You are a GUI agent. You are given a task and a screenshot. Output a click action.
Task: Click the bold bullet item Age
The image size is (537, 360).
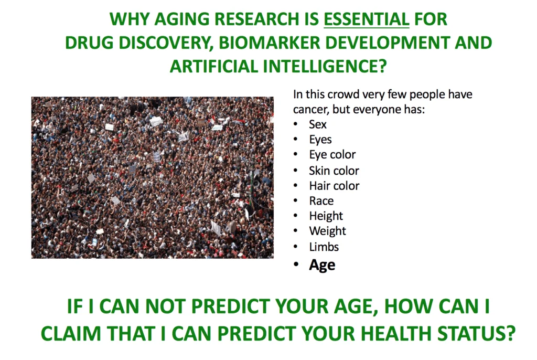[322, 266]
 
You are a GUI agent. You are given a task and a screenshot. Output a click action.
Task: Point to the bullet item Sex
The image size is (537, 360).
[317, 124]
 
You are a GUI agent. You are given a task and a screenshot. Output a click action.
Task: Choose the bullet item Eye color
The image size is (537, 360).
[332, 155]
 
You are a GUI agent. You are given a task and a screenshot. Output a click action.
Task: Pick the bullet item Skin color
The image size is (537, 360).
[334, 171]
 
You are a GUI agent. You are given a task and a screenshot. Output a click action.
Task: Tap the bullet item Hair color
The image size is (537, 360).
[334, 185]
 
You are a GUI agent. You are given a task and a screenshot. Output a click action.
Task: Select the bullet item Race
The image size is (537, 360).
[321, 200]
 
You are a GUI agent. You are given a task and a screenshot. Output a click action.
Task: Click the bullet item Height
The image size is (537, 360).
[326, 216]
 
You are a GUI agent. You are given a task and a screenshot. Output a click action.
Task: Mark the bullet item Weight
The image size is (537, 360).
[327, 231]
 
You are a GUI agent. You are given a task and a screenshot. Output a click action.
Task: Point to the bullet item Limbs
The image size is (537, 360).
[324, 247]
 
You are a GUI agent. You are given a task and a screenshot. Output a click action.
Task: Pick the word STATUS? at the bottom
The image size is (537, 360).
[476, 333]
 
